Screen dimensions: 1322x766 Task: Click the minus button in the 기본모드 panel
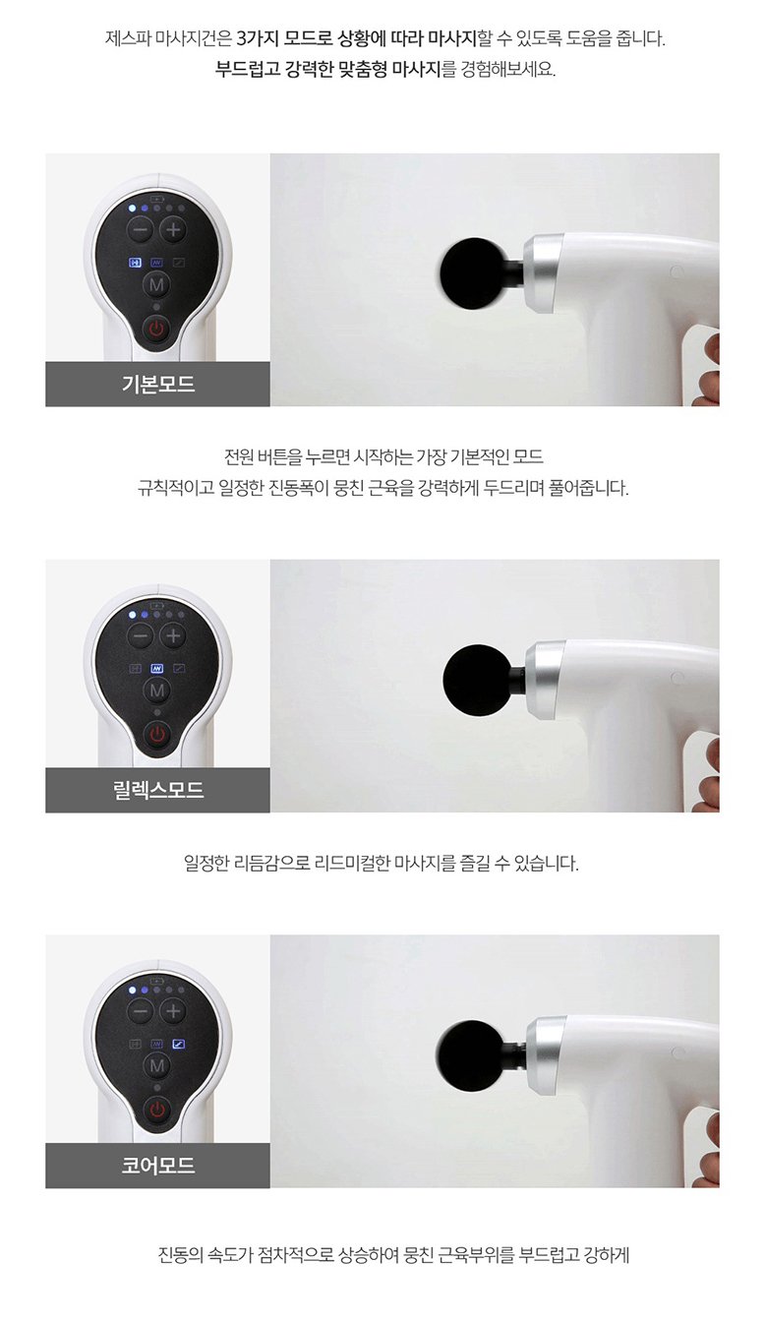[x=141, y=230]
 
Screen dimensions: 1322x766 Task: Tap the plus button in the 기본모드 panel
[x=173, y=230]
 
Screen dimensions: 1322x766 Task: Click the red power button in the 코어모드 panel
[x=156, y=1110]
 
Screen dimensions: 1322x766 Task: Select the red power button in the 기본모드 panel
[x=156, y=329]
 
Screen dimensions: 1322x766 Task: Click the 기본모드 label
[x=157, y=385]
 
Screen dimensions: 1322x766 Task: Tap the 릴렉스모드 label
[x=157, y=791]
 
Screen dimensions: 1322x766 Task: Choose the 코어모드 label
[x=157, y=1166]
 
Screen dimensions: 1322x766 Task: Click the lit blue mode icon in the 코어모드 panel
[x=178, y=1044]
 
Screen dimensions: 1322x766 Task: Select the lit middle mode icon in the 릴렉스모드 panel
[x=156, y=669]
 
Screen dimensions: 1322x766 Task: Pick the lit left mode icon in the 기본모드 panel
[x=136, y=264]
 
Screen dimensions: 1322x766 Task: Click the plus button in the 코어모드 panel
[x=173, y=1010]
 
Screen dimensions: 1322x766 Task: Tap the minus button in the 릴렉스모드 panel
[x=141, y=635]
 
